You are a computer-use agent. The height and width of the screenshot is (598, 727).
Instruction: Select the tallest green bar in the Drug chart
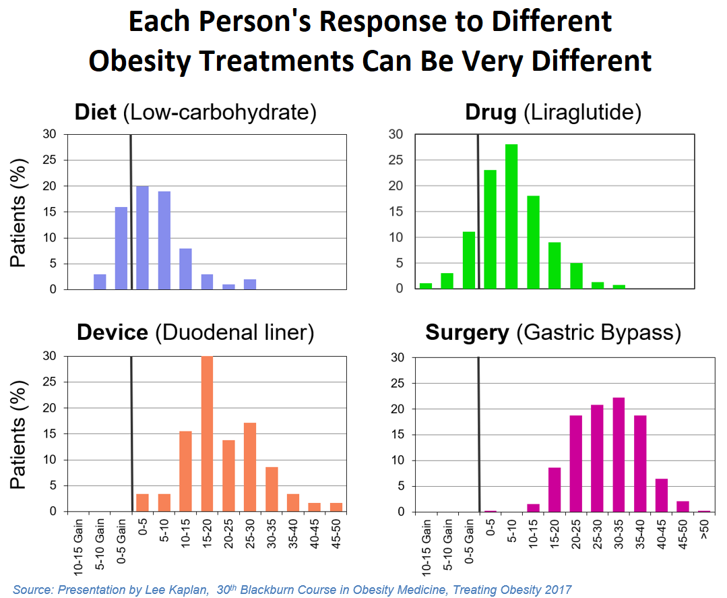pyautogui.click(x=511, y=216)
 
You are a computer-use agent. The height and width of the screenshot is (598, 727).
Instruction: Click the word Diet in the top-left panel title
pyautogui.click(x=96, y=112)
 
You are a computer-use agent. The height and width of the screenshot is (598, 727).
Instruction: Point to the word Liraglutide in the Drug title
pyautogui.click(x=581, y=112)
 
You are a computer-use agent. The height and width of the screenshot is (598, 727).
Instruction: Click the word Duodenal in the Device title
pyautogui.click(x=201, y=332)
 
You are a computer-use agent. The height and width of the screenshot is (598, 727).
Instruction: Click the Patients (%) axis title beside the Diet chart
pyautogui.click(x=19, y=212)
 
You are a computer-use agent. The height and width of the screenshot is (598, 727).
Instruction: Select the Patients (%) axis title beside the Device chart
pyautogui.click(x=19, y=435)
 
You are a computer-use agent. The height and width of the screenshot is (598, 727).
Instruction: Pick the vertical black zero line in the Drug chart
pyautogui.click(x=478, y=212)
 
